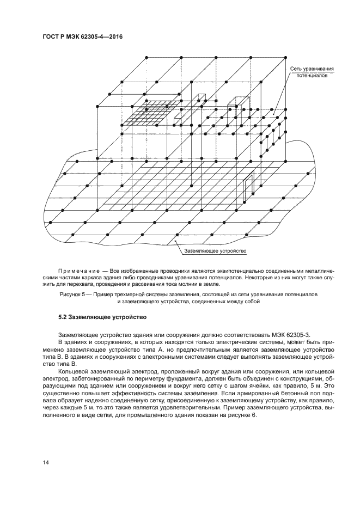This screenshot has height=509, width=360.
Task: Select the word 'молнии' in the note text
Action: pyautogui.click(x=184, y=284)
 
